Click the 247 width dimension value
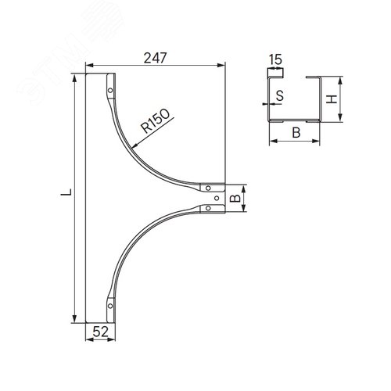pyautogui.click(x=155, y=58)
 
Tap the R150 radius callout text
pyautogui.click(x=156, y=120)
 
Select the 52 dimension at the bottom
pyautogui.click(x=100, y=332)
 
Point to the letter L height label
pyautogui.click(x=66, y=192)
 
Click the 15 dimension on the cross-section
pyautogui.click(x=275, y=59)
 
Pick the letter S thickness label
pyautogui.click(x=280, y=95)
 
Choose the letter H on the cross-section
pyautogui.click(x=332, y=99)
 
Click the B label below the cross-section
pyautogui.click(x=296, y=132)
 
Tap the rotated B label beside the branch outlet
pyautogui.click(x=235, y=199)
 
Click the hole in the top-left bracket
pyautogui.click(x=110, y=91)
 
